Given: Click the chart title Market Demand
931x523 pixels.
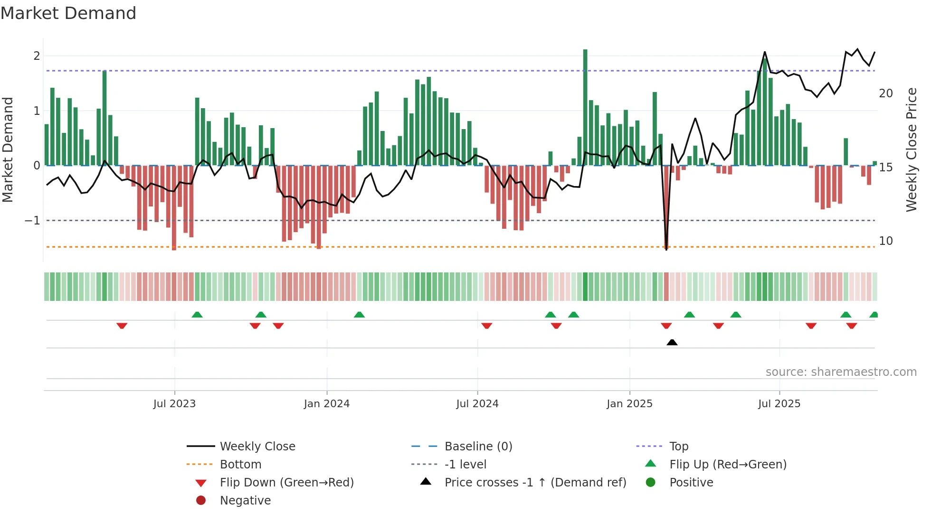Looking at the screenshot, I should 68,13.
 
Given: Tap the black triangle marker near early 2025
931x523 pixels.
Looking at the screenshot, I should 672,342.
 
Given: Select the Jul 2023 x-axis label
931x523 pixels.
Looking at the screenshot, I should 174,404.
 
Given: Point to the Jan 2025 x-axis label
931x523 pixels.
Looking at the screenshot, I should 629,404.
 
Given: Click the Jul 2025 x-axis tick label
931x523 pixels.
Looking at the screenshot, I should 779,404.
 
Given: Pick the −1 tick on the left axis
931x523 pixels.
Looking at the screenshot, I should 32,221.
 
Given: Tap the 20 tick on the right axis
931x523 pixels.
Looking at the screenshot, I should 885,93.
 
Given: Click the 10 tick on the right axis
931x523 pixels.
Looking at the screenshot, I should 885,241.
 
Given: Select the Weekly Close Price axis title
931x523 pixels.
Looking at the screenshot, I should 911,149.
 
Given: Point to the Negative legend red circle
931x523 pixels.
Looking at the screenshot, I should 201,501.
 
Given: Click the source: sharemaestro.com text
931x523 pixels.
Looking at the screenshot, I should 841,372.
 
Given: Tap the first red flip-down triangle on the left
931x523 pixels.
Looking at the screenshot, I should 122,326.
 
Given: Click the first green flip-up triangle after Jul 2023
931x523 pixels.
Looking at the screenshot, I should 197,314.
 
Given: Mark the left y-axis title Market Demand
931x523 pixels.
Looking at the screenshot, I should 8,149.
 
